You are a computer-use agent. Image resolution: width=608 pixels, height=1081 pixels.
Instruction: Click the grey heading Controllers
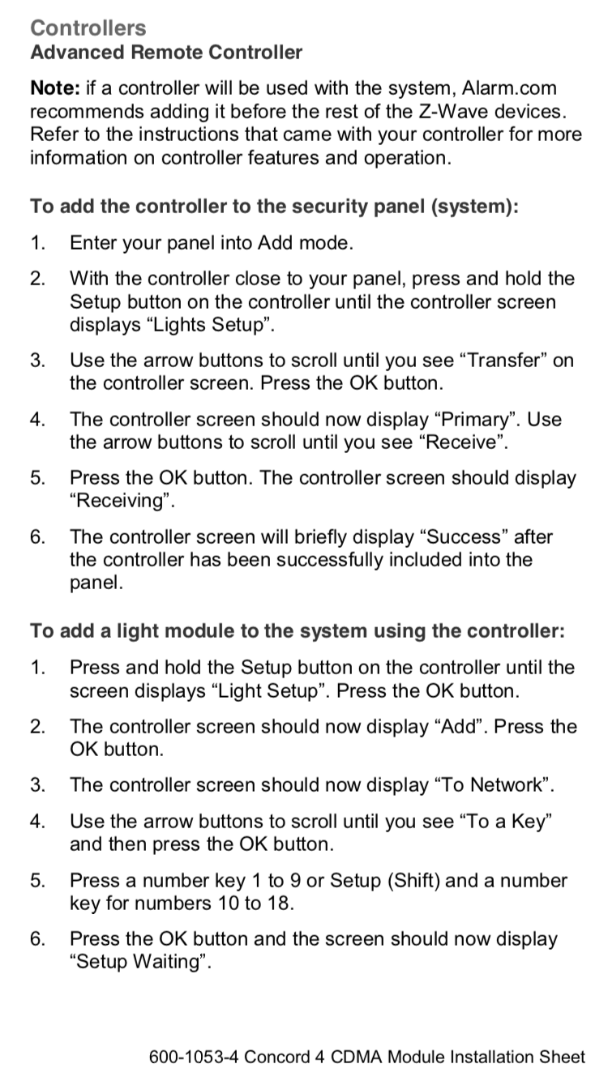(x=88, y=28)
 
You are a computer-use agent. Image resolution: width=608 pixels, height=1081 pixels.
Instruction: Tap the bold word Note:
(x=55, y=88)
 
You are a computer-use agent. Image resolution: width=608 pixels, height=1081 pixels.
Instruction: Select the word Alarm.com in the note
(x=509, y=88)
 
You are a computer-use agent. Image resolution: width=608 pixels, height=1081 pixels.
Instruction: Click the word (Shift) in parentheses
(x=413, y=881)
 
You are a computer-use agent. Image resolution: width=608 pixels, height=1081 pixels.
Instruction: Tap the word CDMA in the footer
(x=357, y=1057)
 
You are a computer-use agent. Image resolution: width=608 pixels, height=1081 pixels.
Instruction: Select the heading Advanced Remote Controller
(x=166, y=52)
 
